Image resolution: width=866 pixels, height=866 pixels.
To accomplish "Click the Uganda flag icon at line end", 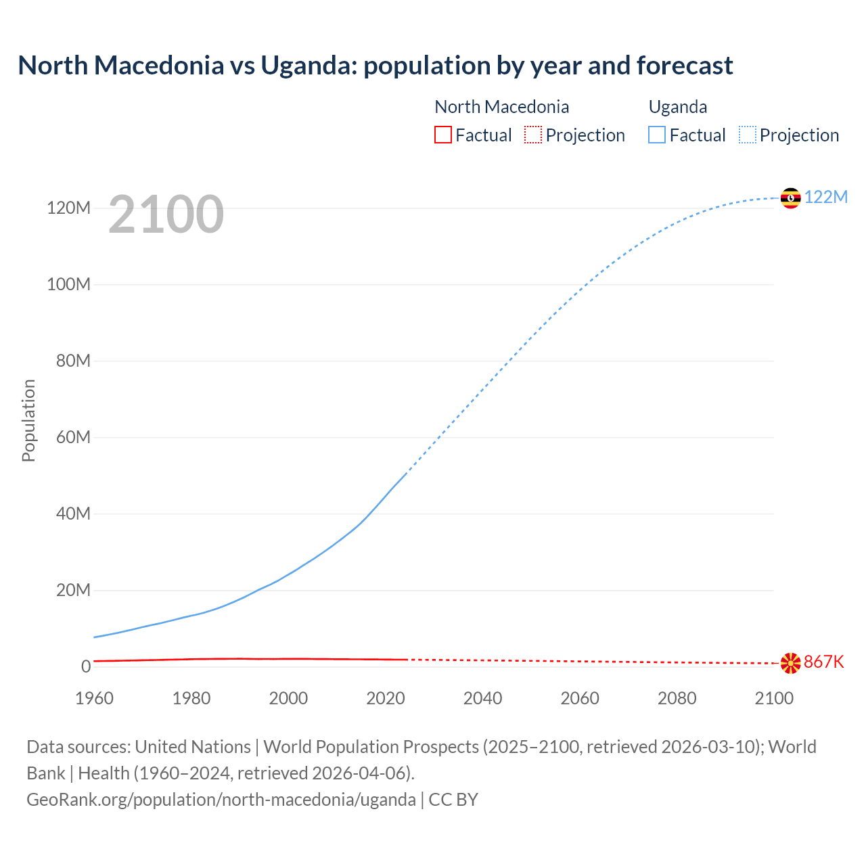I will pos(790,198).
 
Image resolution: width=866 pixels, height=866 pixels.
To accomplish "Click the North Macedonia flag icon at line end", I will pos(790,663).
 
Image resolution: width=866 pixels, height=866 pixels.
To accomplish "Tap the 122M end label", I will pos(825,197).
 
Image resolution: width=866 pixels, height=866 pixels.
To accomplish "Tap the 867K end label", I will pos(823,662).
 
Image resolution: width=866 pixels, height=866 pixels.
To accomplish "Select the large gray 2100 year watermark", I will pos(166,214).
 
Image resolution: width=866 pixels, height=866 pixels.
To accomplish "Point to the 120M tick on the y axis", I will pos(68,208).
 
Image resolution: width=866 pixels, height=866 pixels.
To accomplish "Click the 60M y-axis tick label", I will pos(72,437).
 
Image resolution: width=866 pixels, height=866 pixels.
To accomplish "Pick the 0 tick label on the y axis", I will pos(85,666).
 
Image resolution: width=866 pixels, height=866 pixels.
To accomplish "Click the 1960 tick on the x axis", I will pos(94,698).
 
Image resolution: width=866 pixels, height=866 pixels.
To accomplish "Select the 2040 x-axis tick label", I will pos(482,698).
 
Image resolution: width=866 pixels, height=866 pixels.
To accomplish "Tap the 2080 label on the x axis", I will pos(677,698).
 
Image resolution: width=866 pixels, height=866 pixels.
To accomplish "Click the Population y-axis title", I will pos(28,420).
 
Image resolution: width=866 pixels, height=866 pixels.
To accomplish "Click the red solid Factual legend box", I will pos(442,135).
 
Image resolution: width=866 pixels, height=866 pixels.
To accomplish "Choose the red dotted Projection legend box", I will pos(533,135).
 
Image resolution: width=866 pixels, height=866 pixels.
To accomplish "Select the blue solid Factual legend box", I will pos(656,135).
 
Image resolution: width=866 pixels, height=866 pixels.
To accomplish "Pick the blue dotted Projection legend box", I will pos(747,135).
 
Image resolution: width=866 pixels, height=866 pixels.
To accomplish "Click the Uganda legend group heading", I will pos(677,107).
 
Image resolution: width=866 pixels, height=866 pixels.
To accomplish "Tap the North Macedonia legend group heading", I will pos(501,107).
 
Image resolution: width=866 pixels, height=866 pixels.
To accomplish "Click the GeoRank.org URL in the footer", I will pos(221,799).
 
